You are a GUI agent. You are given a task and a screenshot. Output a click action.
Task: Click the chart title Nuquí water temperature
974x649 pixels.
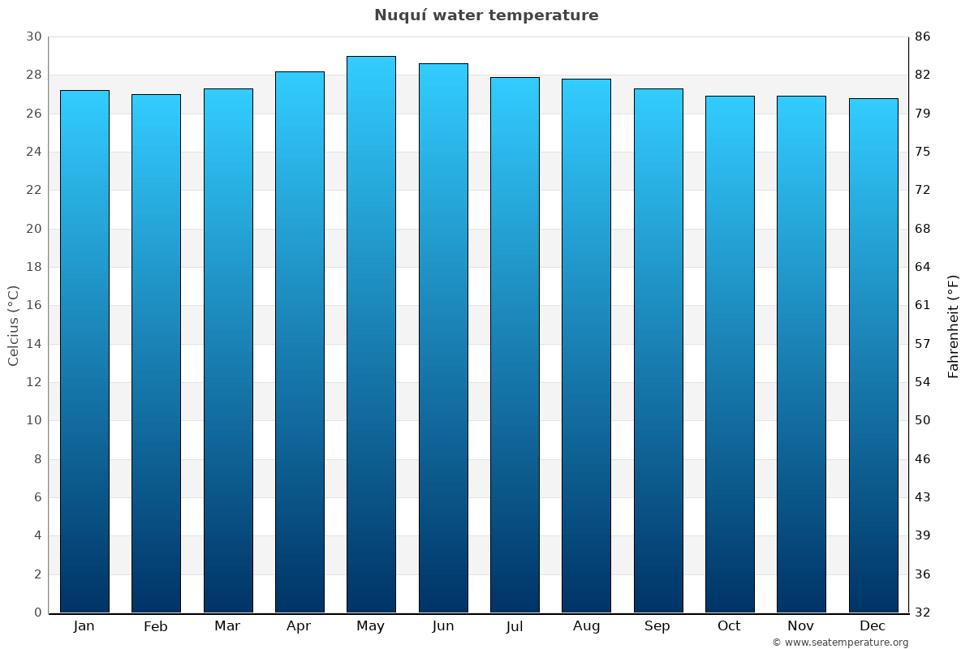pos(486,15)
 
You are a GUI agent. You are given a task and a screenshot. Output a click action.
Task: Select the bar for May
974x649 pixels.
pos(371,334)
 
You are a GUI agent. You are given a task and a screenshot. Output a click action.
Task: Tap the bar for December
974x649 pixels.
pos(873,355)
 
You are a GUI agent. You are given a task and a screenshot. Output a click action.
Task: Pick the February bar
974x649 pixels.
pos(156,353)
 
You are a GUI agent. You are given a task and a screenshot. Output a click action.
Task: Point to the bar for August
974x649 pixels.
pos(586,346)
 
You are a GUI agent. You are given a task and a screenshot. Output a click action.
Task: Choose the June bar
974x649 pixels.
pos(443,337)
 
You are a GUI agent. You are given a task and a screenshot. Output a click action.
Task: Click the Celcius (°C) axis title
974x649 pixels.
pos(13,325)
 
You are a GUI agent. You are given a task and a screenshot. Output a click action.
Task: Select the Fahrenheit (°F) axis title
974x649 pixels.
pos(953,326)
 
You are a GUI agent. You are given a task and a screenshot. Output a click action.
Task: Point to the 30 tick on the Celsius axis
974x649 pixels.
pos(33,37)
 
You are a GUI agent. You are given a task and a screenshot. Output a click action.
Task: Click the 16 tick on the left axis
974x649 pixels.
pos(33,305)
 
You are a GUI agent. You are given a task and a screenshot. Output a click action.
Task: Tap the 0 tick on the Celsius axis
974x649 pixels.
pos(37,612)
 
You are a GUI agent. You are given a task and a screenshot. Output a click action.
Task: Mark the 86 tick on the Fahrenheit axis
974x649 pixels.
pos(922,37)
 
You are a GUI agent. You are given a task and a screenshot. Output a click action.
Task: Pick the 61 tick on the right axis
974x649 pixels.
pos(922,305)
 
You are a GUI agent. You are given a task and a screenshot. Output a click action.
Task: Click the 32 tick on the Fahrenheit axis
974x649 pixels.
pos(922,612)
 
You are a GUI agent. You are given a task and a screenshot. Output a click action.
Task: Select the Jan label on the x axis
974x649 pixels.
pos(84,626)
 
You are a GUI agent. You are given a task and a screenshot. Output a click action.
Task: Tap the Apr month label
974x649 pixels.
pos(299,626)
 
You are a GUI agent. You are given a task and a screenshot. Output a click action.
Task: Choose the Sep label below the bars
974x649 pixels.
pos(657,626)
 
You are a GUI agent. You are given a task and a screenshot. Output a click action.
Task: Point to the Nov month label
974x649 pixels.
pos(801,626)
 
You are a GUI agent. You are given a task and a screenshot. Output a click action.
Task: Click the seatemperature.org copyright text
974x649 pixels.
pos(840,643)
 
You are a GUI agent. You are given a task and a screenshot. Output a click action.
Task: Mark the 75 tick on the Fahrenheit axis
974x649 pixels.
pos(922,152)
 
